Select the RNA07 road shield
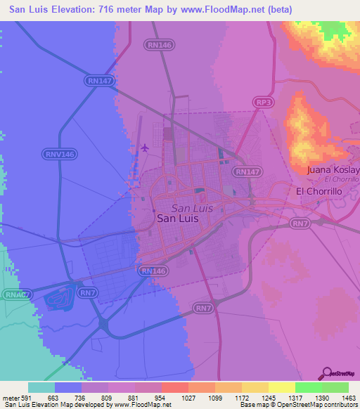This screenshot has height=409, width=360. (x=15, y=295)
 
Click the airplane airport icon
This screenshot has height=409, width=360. (x=145, y=148)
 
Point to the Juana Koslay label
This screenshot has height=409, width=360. (x=333, y=170)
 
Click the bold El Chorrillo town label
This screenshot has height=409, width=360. (x=319, y=191)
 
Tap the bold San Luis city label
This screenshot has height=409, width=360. (x=177, y=219)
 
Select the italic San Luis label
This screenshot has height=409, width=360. (x=191, y=208)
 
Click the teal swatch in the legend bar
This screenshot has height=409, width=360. (x=41, y=387)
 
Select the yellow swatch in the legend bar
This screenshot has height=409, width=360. (x=282, y=387)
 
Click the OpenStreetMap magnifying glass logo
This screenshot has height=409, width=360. (x=328, y=375)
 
